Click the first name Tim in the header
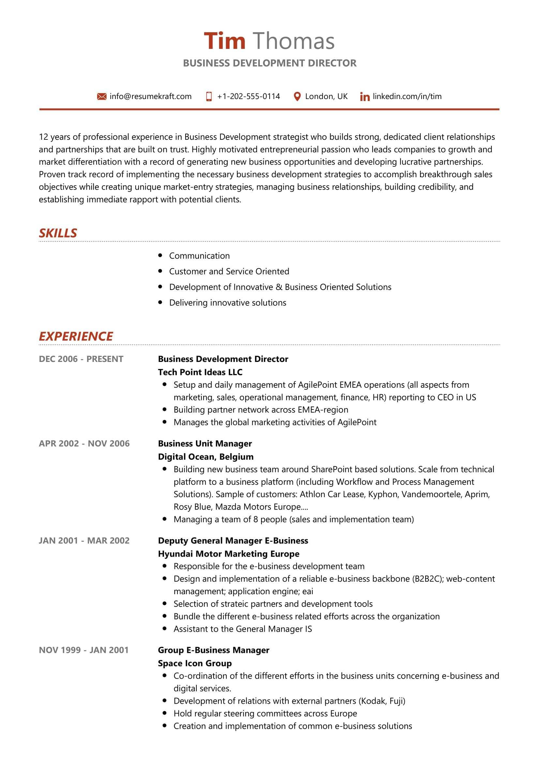(224, 41)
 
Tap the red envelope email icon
(102, 96)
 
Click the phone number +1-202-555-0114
(248, 96)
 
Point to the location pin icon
(297, 96)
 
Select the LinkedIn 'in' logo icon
(365, 97)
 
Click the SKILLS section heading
(58, 233)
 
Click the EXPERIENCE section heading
(76, 336)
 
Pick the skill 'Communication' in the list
(199, 255)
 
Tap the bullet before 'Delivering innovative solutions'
(160, 302)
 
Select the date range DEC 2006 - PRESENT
(81, 359)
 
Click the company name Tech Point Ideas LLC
(200, 372)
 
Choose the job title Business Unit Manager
(204, 443)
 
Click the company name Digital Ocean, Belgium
(205, 457)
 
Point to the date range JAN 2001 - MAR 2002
(84, 541)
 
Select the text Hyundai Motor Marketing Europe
(229, 554)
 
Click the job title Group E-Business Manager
(214, 650)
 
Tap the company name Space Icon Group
(195, 663)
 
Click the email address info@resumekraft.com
(150, 96)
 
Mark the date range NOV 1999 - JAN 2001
(84, 650)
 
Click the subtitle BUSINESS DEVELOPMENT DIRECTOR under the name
(270, 63)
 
